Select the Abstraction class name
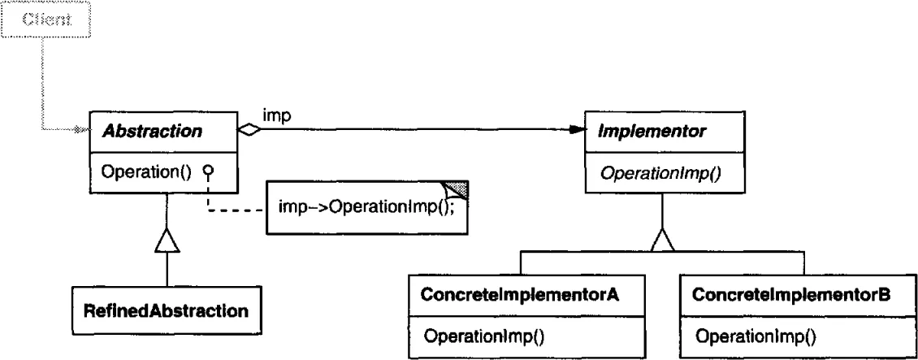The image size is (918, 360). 152,131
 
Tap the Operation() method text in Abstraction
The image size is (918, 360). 146,172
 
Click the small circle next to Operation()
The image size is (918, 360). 208,171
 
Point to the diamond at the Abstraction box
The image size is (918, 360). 249,131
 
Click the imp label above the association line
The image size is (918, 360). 277,116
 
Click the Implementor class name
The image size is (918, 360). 651,132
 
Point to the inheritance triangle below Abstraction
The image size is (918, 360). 167,241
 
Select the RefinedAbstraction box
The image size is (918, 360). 167,310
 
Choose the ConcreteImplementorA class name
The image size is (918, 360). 520,295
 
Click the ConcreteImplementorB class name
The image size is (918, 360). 791,295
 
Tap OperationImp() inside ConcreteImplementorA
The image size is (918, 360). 483,336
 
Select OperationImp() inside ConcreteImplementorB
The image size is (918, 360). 756,336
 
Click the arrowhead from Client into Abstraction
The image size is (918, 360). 83,130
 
